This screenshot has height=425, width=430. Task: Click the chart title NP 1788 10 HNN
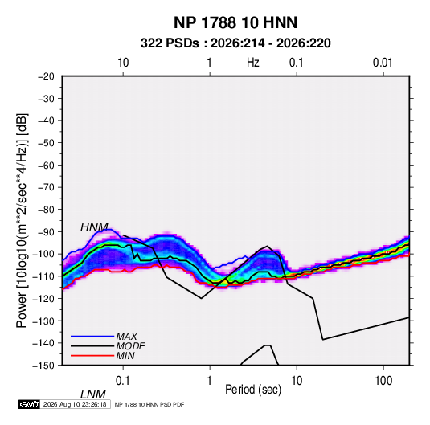tap(235, 22)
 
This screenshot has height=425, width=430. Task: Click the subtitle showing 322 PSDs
tap(235, 43)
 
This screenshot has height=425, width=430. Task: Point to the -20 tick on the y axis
tap(46, 76)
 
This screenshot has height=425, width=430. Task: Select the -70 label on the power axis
tap(46, 187)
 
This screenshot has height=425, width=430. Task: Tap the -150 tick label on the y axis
tap(43, 366)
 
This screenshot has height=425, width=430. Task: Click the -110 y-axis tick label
tap(43, 276)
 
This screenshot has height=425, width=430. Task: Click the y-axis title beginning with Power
tap(22, 220)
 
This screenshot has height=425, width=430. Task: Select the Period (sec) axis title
tap(253, 390)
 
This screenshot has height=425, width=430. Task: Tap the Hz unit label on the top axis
tap(252, 63)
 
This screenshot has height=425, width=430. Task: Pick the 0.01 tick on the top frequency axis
tap(383, 63)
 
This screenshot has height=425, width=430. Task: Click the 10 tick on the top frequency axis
tap(123, 63)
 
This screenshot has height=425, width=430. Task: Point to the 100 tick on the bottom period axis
tap(383, 381)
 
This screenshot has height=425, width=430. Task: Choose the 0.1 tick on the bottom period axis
tap(122, 381)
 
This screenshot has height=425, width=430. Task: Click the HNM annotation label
tap(94, 227)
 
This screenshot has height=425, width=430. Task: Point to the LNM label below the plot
tap(92, 394)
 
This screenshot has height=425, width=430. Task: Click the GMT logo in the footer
tap(29, 404)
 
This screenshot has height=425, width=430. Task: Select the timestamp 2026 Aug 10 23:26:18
tap(75, 404)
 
